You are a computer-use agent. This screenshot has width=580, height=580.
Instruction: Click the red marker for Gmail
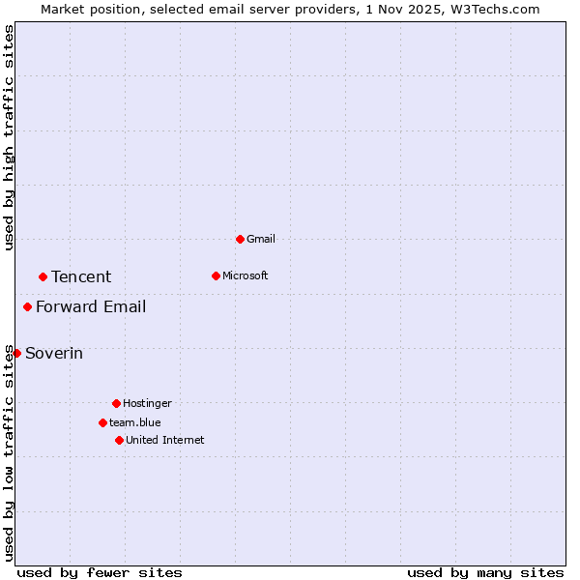(240, 239)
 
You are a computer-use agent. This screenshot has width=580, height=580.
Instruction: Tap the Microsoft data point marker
(216, 275)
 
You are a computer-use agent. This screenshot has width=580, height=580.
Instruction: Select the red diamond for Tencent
(43, 276)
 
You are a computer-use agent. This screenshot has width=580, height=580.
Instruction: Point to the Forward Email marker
(27, 306)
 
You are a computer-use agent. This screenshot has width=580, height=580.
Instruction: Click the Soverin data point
(16, 353)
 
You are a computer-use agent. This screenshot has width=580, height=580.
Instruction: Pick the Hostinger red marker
(116, 403)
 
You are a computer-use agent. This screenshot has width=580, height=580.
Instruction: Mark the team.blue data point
(102, 422)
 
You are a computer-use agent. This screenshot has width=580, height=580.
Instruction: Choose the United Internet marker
(119, 440)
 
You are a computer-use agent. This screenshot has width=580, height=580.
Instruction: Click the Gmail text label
(261, 239)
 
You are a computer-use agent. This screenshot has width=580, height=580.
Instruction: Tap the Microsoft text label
(246, 275)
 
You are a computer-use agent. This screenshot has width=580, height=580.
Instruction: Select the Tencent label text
(81, 276)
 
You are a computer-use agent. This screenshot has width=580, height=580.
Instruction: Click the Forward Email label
(91, 306)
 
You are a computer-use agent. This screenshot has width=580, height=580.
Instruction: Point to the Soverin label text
(54, 353)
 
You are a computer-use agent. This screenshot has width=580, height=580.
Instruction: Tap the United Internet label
(165, 440)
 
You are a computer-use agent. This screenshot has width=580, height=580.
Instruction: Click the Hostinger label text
(147, 403)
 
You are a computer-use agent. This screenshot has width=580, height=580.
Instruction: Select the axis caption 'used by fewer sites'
(100, 572)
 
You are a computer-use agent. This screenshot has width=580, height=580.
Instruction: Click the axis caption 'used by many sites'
(485, 572)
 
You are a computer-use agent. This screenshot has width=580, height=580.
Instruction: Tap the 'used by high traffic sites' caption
(9, 137)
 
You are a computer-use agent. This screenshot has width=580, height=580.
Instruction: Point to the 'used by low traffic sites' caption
(9, 452)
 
